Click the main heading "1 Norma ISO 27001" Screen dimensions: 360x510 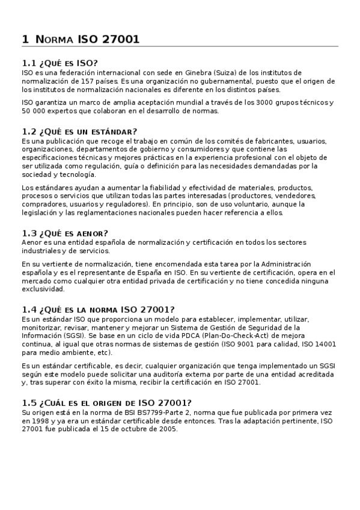click(81, 40)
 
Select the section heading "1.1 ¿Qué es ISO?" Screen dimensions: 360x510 click(59, 63)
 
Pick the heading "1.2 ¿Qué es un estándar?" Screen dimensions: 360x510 click(79, 132)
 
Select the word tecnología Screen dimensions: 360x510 click(76, 174)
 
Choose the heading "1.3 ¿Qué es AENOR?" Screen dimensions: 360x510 click(64, 233)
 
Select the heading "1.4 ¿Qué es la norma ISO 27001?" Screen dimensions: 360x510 click(98, 310)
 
